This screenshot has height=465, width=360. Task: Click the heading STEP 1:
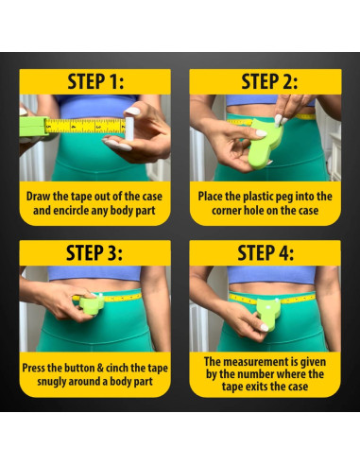(x=95, y=81)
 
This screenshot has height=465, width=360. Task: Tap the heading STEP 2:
(x=269, y=81)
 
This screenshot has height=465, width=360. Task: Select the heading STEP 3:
(x=94, y=252)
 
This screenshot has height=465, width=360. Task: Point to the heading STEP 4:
(x=266, y=252)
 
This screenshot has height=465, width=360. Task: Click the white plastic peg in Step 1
(x=129, y=129)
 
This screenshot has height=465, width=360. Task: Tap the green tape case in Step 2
(x=264, y=144)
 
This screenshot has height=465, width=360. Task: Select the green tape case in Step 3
(x=92, y=303)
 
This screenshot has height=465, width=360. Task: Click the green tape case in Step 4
(x=267, y=312)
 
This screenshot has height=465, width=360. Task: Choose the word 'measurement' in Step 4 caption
(x=261, y=362)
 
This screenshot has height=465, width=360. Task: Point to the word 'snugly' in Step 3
(x=51, y=382)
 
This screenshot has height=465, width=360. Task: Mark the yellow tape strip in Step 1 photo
(x=86, y=126)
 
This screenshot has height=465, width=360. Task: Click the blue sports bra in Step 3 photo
(x=94, y=273)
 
